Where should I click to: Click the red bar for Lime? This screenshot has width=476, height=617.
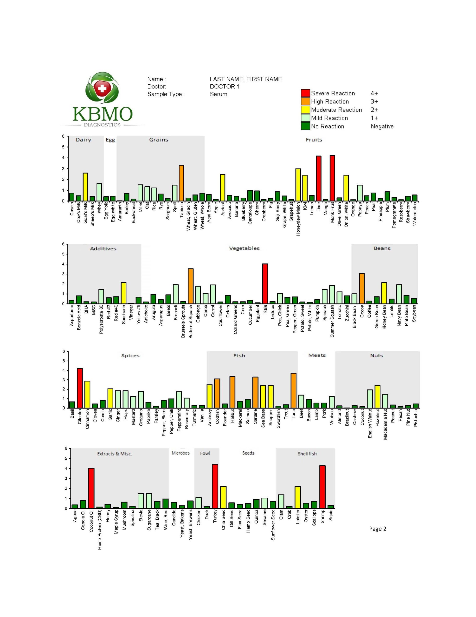319,178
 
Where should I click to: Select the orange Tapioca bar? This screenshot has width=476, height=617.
181,183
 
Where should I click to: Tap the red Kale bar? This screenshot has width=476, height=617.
265,284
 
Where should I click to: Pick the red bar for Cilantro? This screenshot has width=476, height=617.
80,388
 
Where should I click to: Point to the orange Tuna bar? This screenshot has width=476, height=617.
293,390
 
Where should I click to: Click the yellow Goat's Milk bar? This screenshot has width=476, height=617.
85,187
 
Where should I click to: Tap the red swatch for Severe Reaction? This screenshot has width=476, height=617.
305,93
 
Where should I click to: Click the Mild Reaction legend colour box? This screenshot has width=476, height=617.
305,118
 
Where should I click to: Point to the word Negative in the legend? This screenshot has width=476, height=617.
382,126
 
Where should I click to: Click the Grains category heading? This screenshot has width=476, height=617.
159,140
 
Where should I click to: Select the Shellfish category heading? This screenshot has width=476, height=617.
307,453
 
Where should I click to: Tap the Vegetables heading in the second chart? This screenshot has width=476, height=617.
244,248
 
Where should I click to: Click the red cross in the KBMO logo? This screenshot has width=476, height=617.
102,88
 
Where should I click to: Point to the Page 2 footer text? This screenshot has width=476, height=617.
377,529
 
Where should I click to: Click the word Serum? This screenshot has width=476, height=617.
219,94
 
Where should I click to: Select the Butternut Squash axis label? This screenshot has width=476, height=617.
190,322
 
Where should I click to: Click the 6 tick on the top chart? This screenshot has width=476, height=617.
63,136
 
